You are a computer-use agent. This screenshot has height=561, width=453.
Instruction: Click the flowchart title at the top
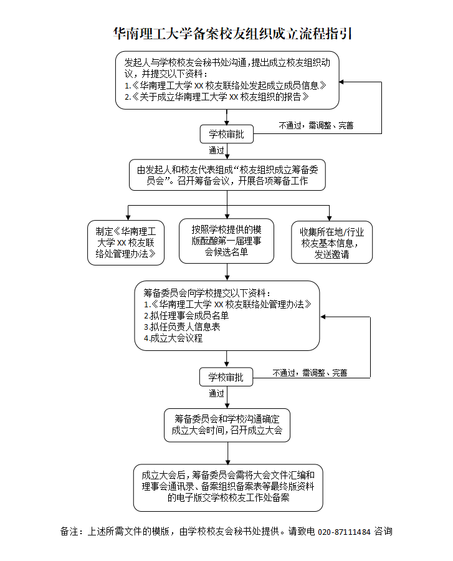click(232, 34)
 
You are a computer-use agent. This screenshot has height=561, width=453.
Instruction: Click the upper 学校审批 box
click(226, 134)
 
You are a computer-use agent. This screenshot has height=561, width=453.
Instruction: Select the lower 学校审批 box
click(226, 377)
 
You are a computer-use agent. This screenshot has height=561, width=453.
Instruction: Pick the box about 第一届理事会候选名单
click(226, 241)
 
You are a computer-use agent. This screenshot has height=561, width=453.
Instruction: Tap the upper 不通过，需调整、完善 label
click(317, 125)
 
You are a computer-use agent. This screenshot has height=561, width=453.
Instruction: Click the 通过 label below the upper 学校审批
click(217, 150)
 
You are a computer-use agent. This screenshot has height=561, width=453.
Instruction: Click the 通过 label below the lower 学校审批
click(217, 393)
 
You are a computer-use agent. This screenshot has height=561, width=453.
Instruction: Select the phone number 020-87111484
click(344, 532)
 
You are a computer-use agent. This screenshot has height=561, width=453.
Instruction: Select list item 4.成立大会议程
click(173, 338)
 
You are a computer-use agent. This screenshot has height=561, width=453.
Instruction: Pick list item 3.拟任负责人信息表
click(181, 327)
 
